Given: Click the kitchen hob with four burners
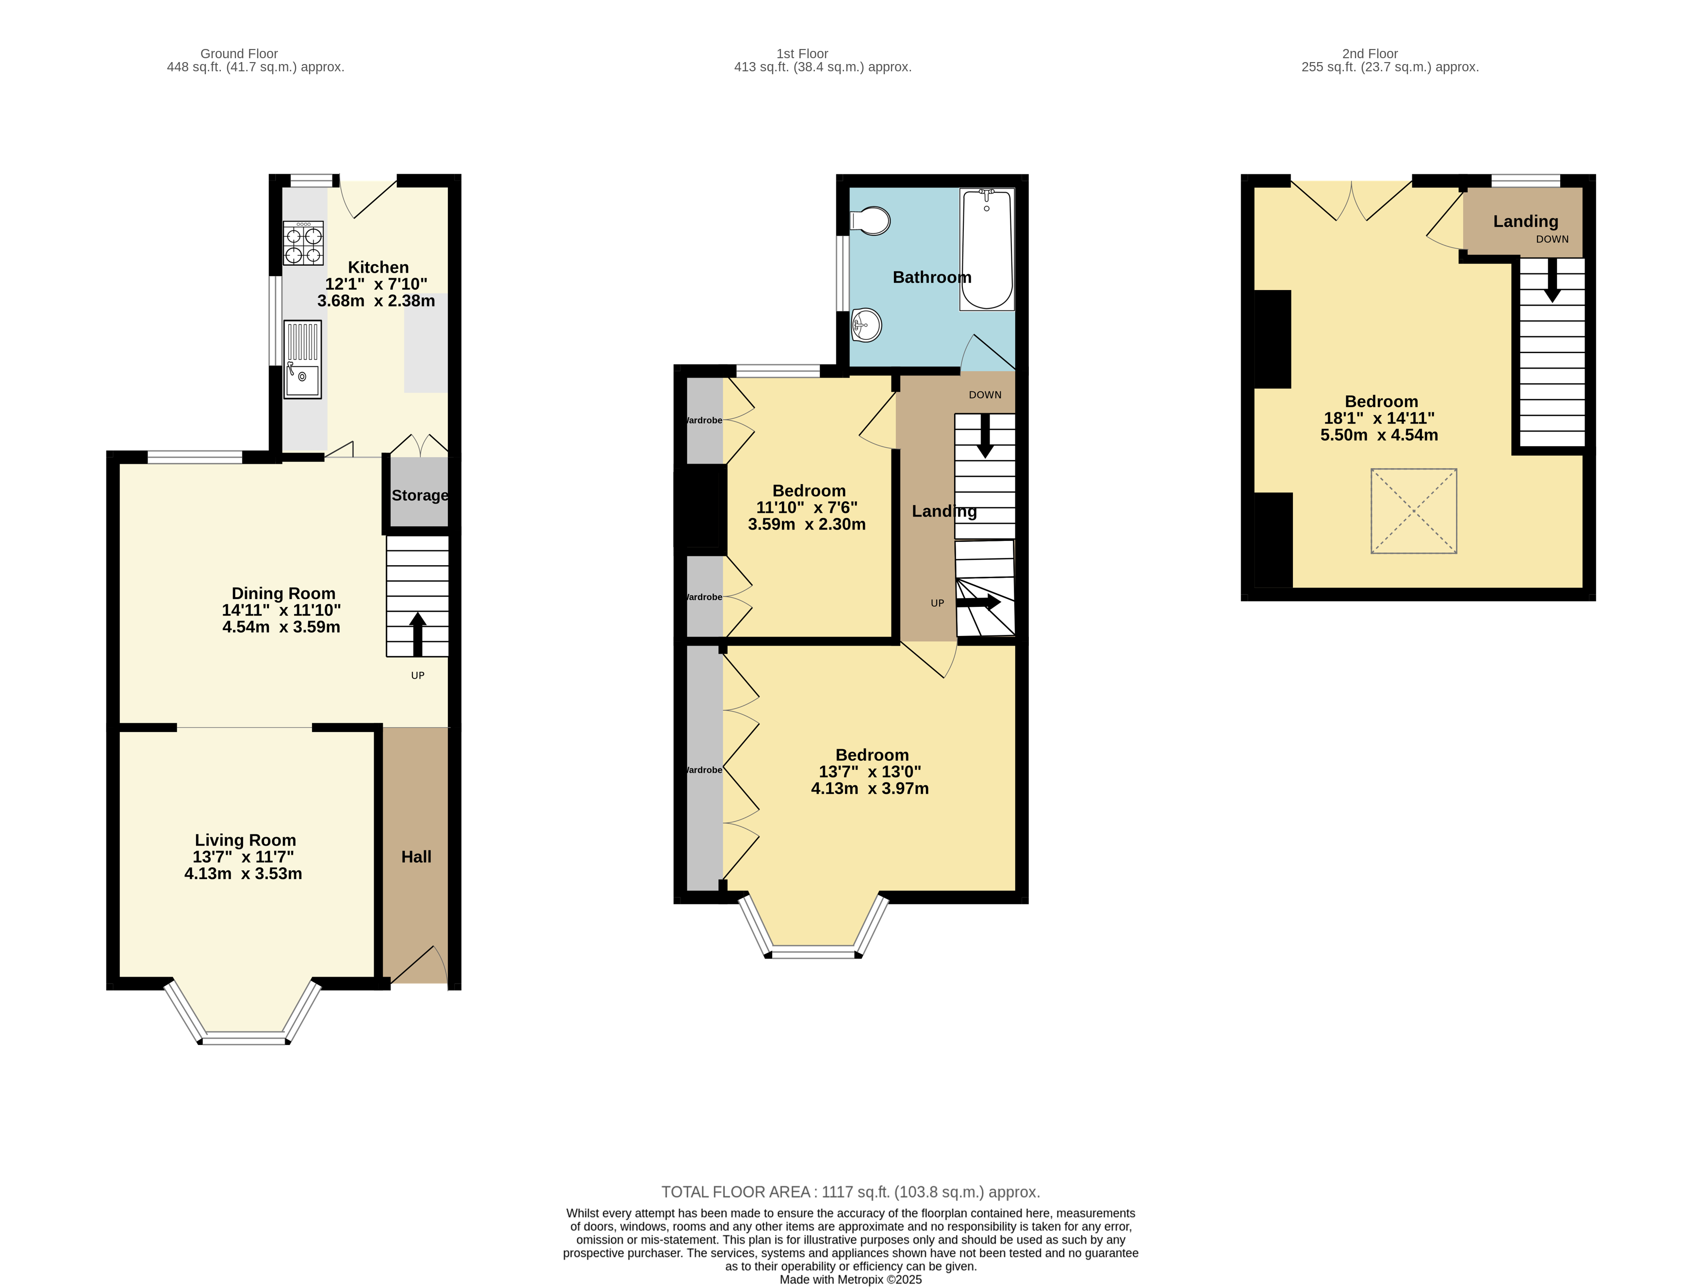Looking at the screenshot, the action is (x=303, y=243).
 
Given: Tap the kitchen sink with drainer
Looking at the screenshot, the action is (x=302, y=359).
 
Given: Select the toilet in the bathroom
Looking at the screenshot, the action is (x=870, y=221).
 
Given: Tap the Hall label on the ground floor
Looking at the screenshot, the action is (x=416, y=857).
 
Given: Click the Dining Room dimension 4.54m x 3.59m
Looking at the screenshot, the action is (x=281, y=627).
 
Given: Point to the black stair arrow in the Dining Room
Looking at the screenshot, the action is (x=418, y=634).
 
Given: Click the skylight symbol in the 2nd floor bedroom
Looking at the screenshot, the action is (x=1413, y=511).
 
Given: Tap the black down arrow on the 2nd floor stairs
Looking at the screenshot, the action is (x=1552, y=280).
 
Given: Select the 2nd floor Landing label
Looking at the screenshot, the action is (x=1526, y=222).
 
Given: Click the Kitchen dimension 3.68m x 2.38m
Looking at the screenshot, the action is (x=376, y=301).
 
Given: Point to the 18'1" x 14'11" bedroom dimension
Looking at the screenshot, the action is (x=1379, y=419).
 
